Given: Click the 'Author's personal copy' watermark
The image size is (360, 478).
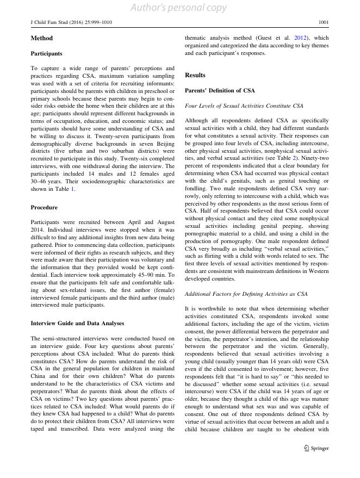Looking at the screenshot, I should click(x=179, y=8).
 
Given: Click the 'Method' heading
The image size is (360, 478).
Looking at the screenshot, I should click(x=41, y=39).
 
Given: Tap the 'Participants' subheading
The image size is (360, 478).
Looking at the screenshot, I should click(x=46, y=54).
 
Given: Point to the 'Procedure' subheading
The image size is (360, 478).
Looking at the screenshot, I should click(x=44, y=207).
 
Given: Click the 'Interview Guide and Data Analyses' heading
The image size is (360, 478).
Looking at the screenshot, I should click(x=77, y=323).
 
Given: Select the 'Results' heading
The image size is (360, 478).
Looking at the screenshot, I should click(x=195, y=75).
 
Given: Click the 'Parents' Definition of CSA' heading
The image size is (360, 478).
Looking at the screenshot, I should click(x=220, y=90).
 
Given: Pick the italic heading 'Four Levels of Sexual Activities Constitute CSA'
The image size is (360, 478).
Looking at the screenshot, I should click(x=244, y=105).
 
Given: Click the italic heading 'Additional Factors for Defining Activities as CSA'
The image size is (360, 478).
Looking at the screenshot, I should click(x=246, y=294).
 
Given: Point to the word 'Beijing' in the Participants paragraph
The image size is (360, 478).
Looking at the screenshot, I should click(x=165, y=144).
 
